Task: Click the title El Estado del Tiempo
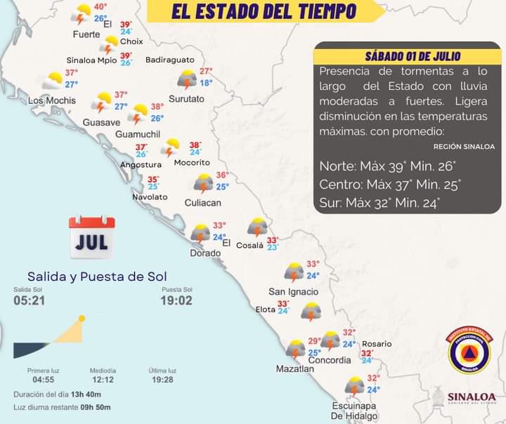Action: [x=264, y=12]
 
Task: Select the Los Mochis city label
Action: [x=51, y=100]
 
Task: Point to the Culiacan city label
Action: [x=202, y=202]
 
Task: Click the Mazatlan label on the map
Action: [x=294, y=368]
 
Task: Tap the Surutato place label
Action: [x=186, y=99]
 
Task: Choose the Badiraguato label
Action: [x=169, y=60]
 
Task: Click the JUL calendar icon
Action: [x=91, y=237]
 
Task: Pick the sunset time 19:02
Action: [x=176, y=300]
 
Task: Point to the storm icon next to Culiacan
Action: [x=204, y=183]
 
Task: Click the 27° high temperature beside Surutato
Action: [x=206, y=71]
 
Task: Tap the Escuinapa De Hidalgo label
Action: [x=355, y=411]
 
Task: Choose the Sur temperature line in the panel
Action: [x=379, y=204]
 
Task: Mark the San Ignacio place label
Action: [x=293, y=291]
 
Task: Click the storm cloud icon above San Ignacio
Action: [x=293, y=272]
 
